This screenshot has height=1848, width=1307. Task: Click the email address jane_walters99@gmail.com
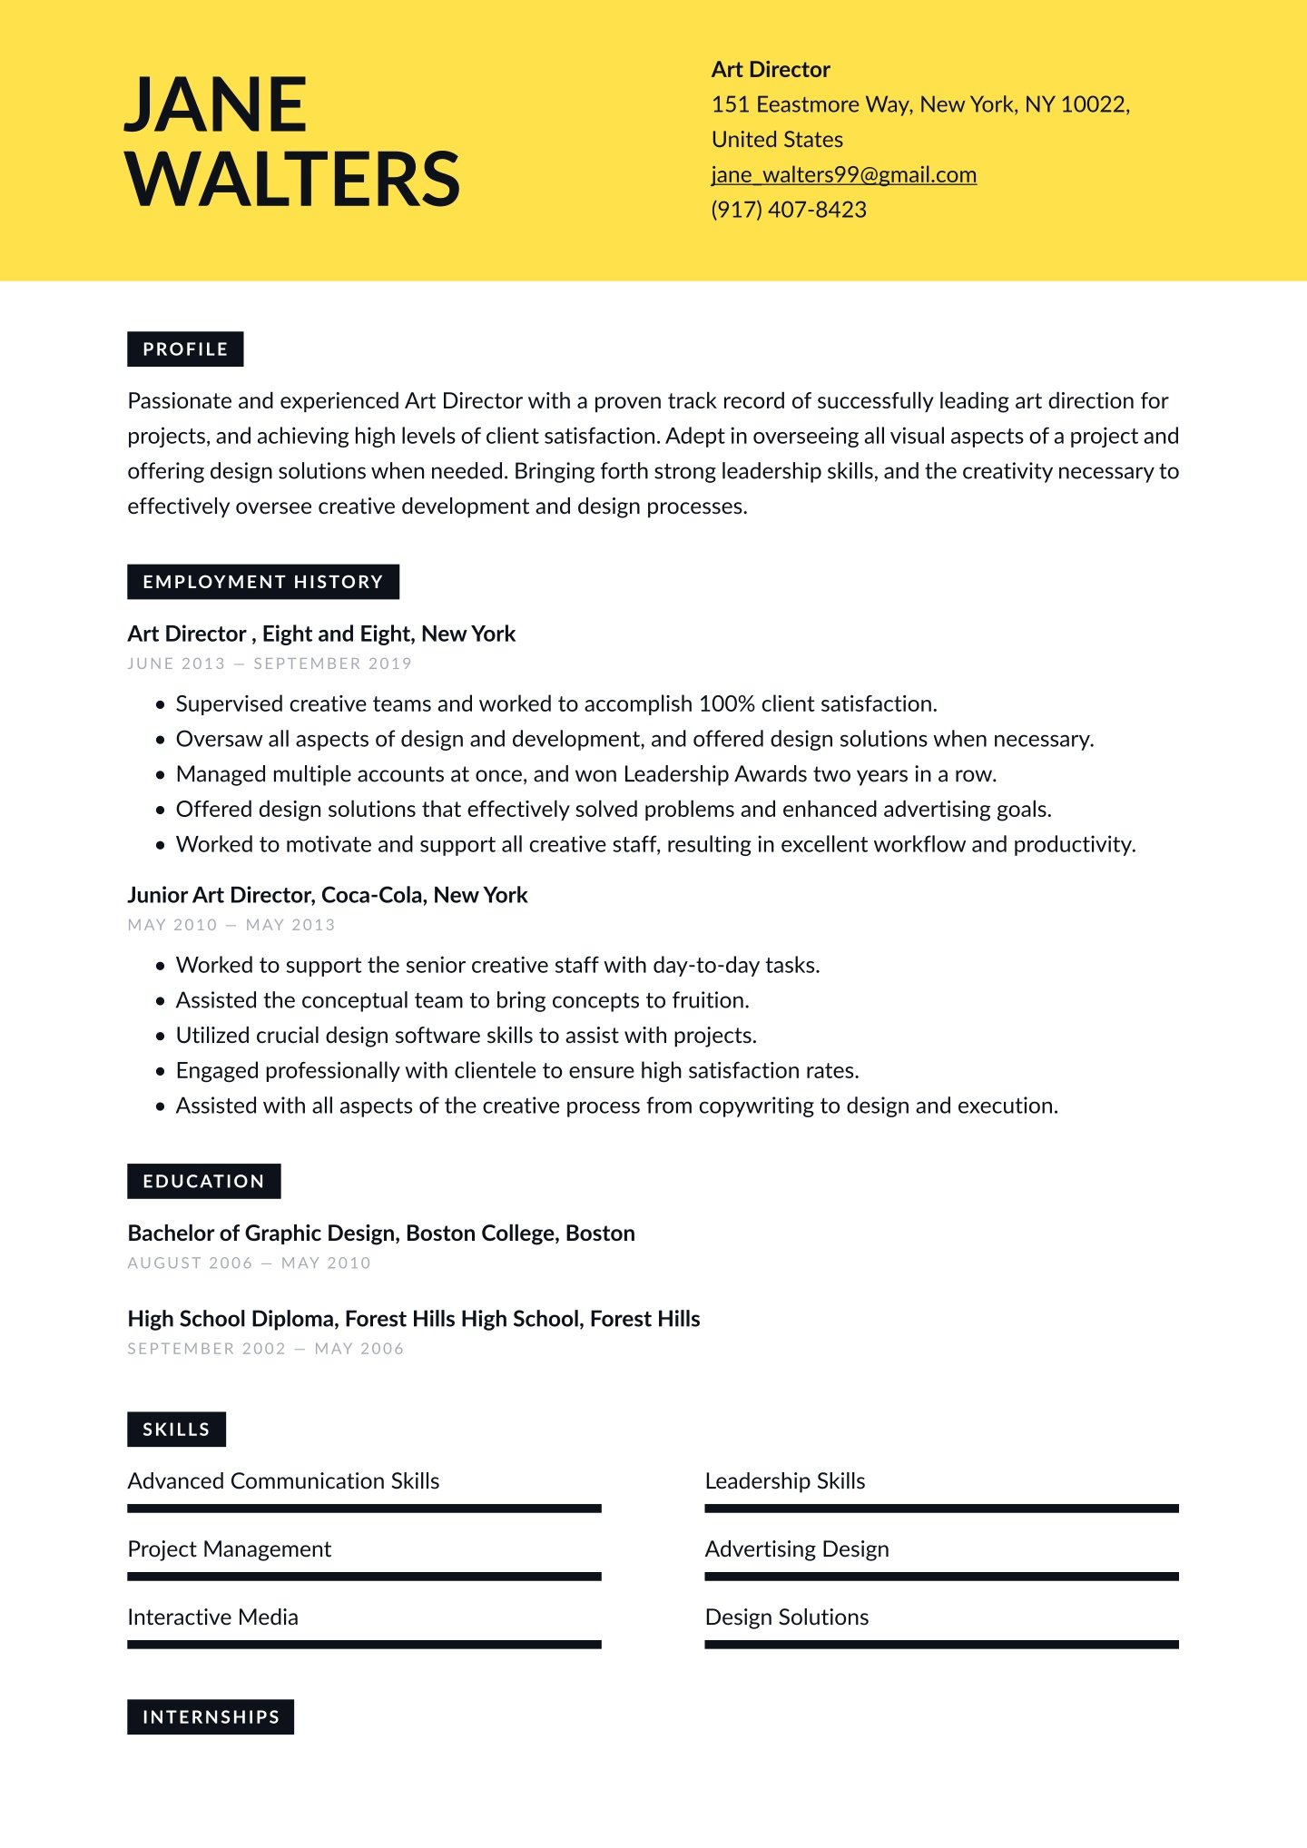843,175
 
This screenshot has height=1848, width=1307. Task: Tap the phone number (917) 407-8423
789,210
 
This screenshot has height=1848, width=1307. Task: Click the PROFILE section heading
185,349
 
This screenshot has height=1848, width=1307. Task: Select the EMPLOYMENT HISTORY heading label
263,582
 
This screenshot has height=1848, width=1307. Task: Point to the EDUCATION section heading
203,1181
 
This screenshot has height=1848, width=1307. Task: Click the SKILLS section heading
176,1430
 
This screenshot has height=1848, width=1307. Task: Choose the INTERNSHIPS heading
211,1717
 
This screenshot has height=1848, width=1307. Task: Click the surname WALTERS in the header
293,179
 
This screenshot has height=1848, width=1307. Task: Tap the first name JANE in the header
216,104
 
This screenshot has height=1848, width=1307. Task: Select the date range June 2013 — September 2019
270,664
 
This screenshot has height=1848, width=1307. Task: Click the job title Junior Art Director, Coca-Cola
327,895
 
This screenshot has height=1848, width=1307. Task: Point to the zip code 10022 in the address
1094,104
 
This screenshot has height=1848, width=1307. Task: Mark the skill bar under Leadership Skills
941,1509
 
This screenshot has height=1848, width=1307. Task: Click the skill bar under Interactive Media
364,1645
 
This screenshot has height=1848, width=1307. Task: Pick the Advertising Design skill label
797,1549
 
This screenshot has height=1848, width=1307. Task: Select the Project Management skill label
229,1549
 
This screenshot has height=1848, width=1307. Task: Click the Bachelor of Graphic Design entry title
381,1234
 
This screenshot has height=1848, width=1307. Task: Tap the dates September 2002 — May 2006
265,1349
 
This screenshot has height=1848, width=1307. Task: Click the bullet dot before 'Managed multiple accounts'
161,775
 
